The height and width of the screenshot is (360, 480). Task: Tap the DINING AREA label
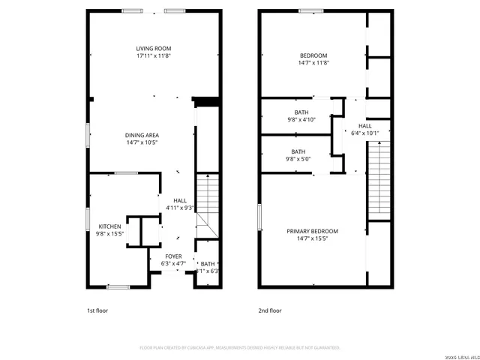click(x=142, y=135)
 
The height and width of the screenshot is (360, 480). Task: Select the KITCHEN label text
click(x=110, y=226)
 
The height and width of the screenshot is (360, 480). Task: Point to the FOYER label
click(x=173, y=256)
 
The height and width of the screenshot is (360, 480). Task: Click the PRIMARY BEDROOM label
click(x=312, y=231)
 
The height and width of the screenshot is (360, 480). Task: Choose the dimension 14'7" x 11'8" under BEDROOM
click(x=313, y=64)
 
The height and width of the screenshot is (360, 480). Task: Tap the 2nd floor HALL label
click(x=365, y=126)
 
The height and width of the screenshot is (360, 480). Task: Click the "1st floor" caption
click(x=97, y=310)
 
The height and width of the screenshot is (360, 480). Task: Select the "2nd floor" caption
click(x=270, y=310)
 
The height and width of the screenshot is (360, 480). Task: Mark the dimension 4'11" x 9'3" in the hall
click(x=180, y=208)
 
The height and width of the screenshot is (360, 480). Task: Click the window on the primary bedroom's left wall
click(x=259, y=217)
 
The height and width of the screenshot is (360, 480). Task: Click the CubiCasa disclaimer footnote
click(x=240, y=347)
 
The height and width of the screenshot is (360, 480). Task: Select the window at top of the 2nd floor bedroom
click(x=310, y=10)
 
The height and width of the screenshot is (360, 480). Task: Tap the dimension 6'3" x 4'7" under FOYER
click(x=173, y=264)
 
